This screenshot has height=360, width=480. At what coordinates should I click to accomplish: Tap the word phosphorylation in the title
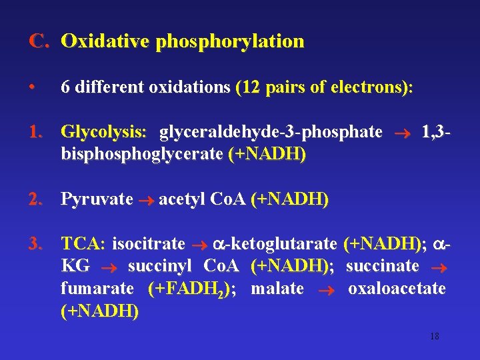coord(229,41)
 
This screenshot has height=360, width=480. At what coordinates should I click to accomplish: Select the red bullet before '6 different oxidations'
coord(32,87)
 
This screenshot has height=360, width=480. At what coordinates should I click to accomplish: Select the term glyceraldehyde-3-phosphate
coord(271,132)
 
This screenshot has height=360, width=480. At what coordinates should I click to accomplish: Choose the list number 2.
coord(37,199)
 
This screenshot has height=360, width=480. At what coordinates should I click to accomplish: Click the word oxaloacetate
coord(397,289)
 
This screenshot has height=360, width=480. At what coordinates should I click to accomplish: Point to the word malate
coord(277,289)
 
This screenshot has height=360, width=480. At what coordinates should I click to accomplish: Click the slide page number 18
coord(434,337)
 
